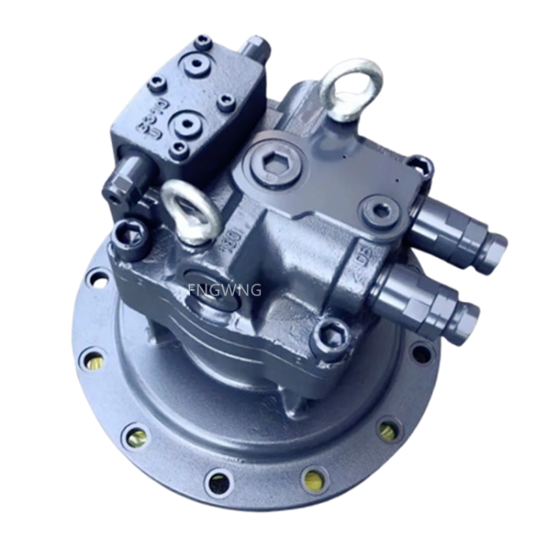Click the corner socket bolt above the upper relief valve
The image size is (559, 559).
[x=420, y=167]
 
